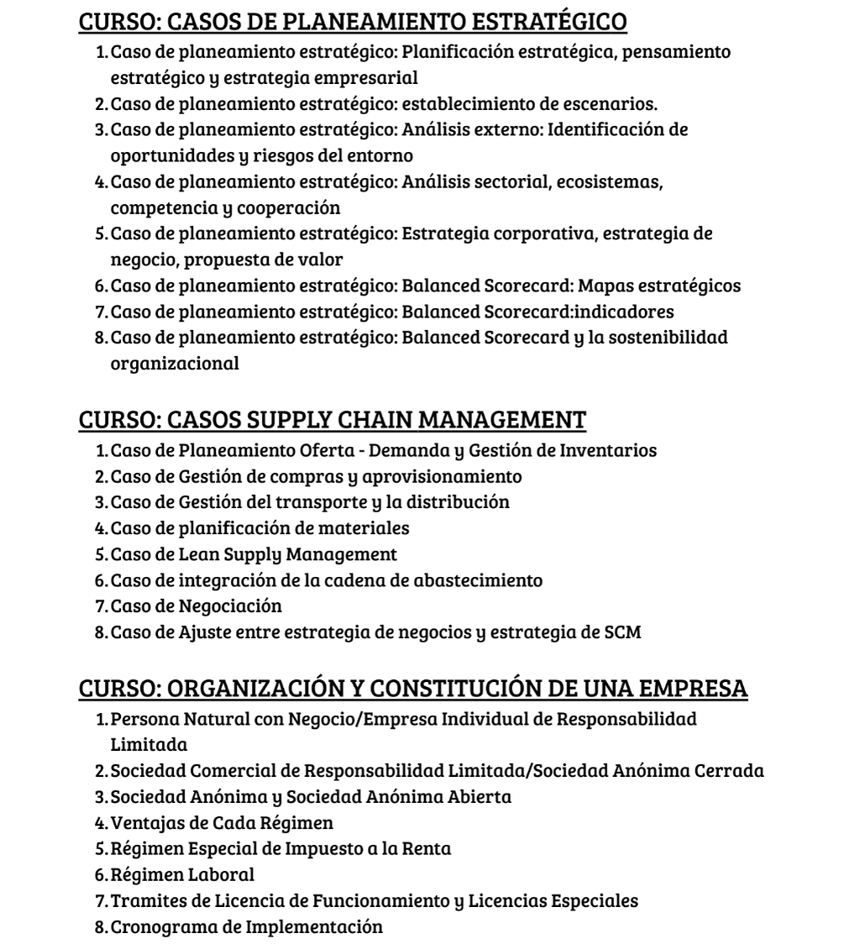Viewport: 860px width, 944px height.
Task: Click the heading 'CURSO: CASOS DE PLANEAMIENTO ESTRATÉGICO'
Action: pos(353,22)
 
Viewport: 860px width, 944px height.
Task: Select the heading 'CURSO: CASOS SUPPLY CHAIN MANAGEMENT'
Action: pos(332,419)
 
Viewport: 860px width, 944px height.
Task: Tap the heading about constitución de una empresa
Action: pos(412,688)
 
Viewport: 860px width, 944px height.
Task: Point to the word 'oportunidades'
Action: pos(165,156)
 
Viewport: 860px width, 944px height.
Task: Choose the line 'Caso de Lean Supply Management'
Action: pos(254,554)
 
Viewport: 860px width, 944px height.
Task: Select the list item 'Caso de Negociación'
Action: pos(197,606)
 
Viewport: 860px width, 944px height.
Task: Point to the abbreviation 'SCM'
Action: pos(622,632)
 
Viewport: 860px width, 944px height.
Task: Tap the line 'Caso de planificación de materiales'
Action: pos(260,528)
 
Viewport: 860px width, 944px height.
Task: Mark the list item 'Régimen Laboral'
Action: pos(182,874)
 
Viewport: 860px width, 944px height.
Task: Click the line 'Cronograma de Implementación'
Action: pos(247,926)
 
